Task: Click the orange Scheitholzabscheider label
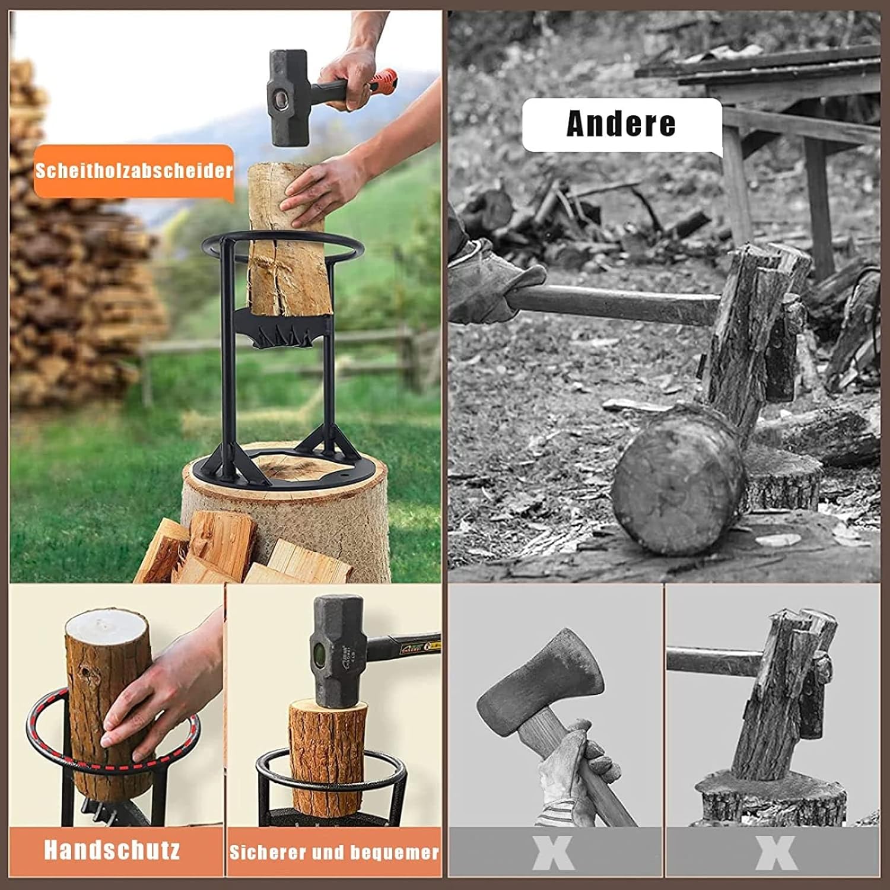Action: (x=133, y=171)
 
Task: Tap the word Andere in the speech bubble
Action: (x=621, y=124)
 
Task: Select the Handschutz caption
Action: (x=112, y=850)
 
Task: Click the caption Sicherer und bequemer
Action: (x=334, y=853)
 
